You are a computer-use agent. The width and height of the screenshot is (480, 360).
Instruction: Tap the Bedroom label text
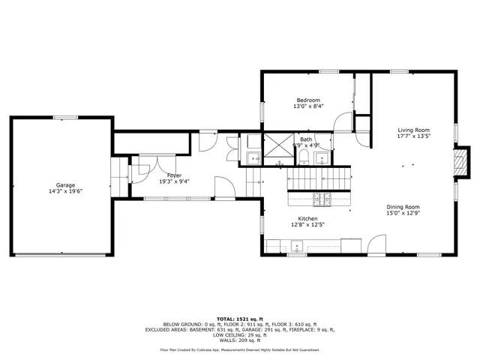click(x=308, y=100)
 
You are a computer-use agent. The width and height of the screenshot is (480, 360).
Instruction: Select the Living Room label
click(x=413, y=130)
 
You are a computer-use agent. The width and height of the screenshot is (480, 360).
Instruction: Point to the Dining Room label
click(x=403, y=207)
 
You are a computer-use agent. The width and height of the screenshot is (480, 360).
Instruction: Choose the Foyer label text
click(x=173, y=175)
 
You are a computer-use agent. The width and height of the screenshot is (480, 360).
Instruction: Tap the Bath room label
click(x=306, y=139)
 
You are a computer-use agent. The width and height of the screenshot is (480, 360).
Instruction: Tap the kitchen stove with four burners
click(x=322, y=199)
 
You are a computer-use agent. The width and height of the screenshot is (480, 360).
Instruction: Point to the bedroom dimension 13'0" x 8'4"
click(x=308, y=107)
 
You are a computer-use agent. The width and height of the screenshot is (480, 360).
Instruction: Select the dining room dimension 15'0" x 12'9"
click(x=403, y=214)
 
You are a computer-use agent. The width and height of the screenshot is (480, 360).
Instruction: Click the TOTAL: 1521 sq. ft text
click(x=240, y=318)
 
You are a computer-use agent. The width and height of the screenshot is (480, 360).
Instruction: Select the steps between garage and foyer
click(x=119, y=178)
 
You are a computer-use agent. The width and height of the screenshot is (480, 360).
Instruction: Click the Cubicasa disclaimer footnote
click(x=240, y=349)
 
